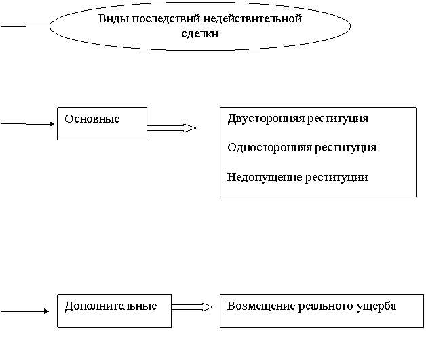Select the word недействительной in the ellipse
tap(252, 19)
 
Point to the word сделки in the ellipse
tap(200, 34)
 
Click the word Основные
tap(92, 119)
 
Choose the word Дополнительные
tap(111, 306)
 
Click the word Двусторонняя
tap(266, 119)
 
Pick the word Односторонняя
tap(269, 148)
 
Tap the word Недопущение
tap(265, 178)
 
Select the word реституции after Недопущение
tap(336, 178)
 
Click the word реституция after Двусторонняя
tap(338, 119)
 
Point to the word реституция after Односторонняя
tap(345, 148)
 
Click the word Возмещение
tap(261, 306)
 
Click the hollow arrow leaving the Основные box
tap(172, 128)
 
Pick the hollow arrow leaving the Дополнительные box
tap(192, 307)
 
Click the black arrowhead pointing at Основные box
tap(52, 124)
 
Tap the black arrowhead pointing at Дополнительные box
tap(46, 311)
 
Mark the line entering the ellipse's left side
tap(25, 26)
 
